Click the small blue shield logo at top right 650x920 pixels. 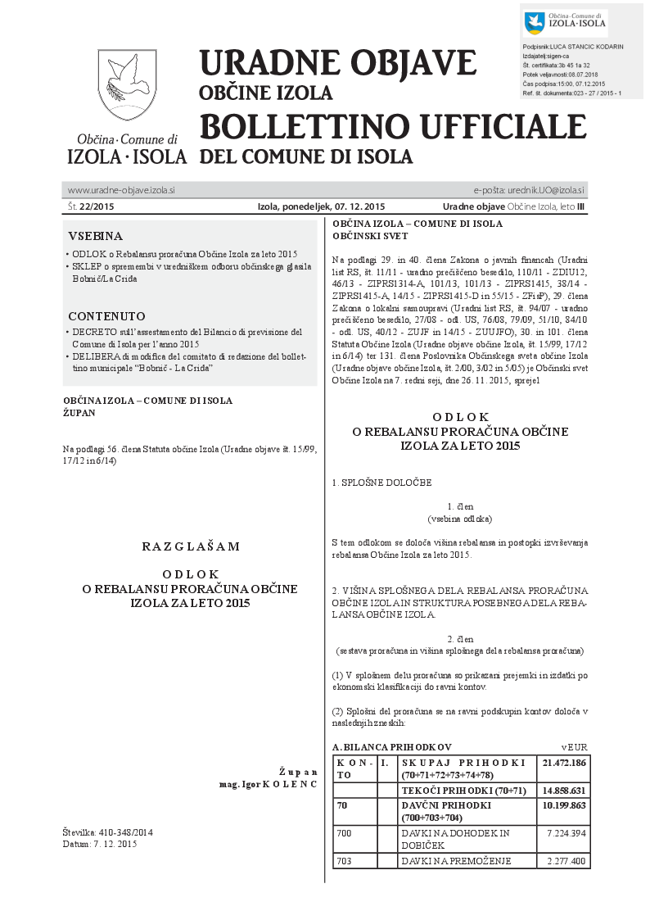pyautogui.click(x=534, y=23)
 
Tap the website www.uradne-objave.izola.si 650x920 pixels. pyautogui.click(x=121, y=190)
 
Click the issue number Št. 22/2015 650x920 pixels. pyautogui.click(x=91, y=206)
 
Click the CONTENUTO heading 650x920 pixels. pyautogui.click(x=106, y=316)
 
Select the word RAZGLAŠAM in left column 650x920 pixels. pyautogui.click(x=191, y=546)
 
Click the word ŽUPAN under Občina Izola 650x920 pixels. pyautogui.click(x=79, y=412)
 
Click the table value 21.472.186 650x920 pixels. pyautogui.click(x=564, y=763)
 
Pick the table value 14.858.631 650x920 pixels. pyautogui.click(x=564, y=791)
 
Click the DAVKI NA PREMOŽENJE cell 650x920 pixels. pyautogui.click(x=456, y=861)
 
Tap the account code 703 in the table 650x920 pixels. pyautogui.click(x=345, y=861)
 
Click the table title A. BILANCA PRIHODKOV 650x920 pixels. pyautogui.click(x=391, y=747)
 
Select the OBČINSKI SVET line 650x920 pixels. pyautogui.click(x=370, y=236)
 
